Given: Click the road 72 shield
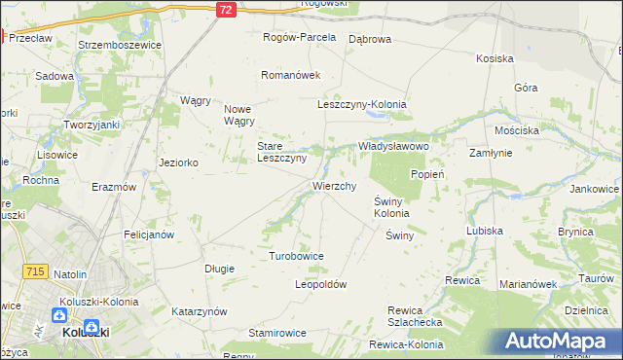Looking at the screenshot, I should click(226, 9).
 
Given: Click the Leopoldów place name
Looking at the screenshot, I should click(320, 284).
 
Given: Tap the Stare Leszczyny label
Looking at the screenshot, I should click(281, 152).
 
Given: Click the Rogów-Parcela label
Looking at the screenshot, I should click(300, 37).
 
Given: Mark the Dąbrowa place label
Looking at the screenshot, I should click(369, 38).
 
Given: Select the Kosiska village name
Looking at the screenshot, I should click(495, 58).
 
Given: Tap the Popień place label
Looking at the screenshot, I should click(427, 174).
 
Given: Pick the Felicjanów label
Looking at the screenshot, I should click(148, 234).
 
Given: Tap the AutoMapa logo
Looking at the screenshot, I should click(558, 342).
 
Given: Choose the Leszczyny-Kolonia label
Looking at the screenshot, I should click(362, 104).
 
